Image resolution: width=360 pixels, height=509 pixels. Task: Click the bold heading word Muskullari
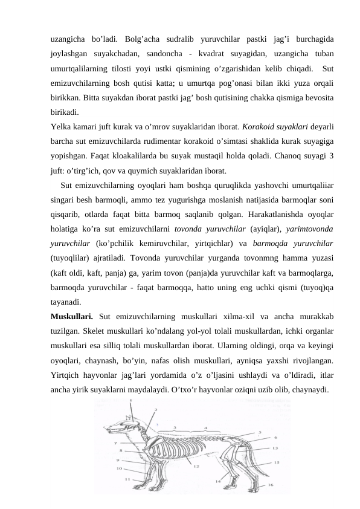[71, 315]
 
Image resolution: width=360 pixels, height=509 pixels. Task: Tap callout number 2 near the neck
[155, 410]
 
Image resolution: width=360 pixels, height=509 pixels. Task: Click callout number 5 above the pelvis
[260, 433]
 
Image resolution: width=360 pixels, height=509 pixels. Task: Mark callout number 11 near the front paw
[127, 479]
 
